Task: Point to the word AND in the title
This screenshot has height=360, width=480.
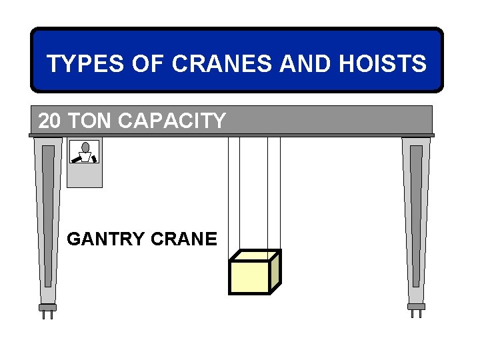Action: click(x=297, y=64)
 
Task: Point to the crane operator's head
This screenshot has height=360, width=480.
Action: click(x=85, y=147)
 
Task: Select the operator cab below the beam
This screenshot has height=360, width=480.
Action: click(x=85, y=173)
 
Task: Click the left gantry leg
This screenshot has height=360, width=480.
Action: click(x=48, y=213)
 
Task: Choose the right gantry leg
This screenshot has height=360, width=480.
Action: click(x=416, y=213)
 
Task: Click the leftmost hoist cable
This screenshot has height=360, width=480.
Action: click(x=229, y=193)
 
